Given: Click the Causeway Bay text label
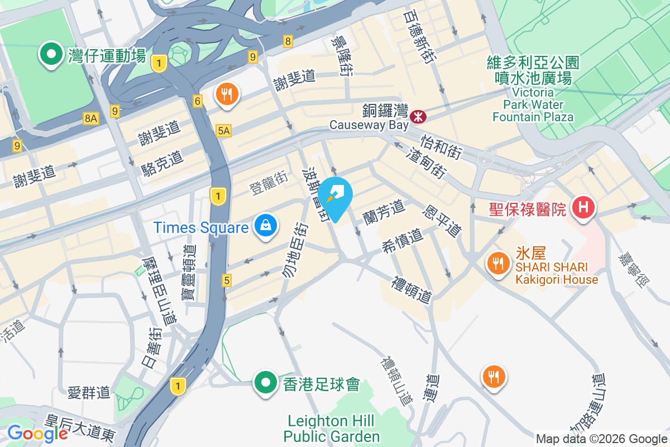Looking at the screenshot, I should point(365,125).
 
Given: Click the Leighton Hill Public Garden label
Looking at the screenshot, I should point(332,428).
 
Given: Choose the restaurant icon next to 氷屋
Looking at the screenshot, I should point(497,263).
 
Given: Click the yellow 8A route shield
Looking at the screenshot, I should point(90,118).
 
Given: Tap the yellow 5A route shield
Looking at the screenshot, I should point(223,131).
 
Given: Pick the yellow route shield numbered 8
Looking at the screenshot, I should point(288,41).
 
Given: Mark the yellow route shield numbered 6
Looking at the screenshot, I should point(198,101).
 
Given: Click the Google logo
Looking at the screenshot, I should point(37,433).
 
